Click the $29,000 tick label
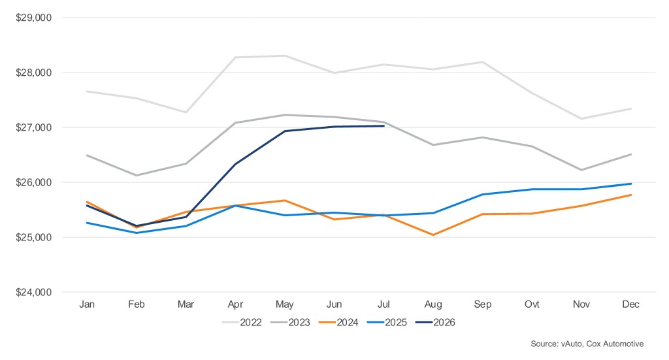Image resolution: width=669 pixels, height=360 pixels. (33, 18)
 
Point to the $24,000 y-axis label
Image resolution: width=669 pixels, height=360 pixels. (33, 292)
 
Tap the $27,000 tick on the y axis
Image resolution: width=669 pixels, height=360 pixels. (33, 127)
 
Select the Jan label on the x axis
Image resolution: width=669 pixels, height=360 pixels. (87, 304)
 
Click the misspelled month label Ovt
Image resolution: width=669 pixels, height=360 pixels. (532, 304)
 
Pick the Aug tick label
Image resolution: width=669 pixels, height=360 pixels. (433, 304)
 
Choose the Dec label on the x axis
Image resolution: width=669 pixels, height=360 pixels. (630, 304)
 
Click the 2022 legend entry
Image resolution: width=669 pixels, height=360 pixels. (242, 323)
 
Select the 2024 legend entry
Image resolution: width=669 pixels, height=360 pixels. (339, 323)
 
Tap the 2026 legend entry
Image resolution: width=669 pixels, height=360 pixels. (436, 323)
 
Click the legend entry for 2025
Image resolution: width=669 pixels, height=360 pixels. (387, 323)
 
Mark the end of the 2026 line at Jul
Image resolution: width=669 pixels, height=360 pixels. (384, 126)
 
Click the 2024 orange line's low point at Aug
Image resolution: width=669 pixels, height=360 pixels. (433, 235)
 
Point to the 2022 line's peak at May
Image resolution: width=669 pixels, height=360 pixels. (285, 56)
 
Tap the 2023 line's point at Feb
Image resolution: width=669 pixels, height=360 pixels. (137, 175)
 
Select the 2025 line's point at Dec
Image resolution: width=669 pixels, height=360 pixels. (630, 184)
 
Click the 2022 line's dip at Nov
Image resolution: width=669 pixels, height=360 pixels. (581, 118)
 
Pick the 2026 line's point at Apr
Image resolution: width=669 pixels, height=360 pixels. (235, 164)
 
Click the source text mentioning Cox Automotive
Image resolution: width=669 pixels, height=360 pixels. (587, 344)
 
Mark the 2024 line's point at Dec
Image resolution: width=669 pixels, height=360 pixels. (630, 195)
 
